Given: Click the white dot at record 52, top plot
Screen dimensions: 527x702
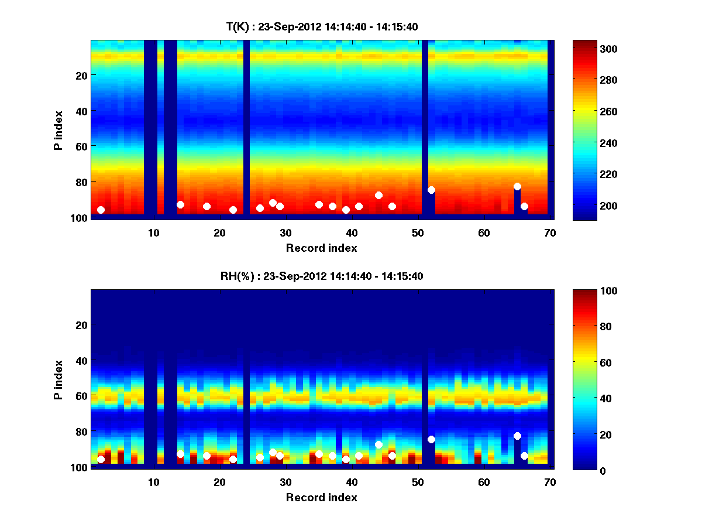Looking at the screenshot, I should pyautogui.click(x=431, y=190).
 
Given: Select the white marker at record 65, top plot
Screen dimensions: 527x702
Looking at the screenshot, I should pyautogui.click(x=517, y=186).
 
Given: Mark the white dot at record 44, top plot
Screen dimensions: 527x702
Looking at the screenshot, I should pyautogui.click(x=378, y=195).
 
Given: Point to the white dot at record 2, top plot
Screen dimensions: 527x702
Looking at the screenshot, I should pyautogui.click(x=101, y=210).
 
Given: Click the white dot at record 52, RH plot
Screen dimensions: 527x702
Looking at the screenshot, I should pyautogui.click(x=431, y=439).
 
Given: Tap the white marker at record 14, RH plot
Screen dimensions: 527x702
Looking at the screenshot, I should pyautogui.click(x=180, y=454).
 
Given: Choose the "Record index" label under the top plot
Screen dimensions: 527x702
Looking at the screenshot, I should pyautogui.click(x=321, y=248).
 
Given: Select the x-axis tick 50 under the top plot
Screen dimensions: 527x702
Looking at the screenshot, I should pyautogui.click(x=418, y=232).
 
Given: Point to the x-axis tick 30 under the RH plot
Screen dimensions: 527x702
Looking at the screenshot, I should pyautogui.click(x=285, y=482).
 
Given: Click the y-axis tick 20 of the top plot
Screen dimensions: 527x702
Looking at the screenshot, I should pyautogui.click(x=81, y=76).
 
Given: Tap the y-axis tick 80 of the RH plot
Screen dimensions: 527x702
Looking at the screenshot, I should pyautogui.click(x=81, y=432).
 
